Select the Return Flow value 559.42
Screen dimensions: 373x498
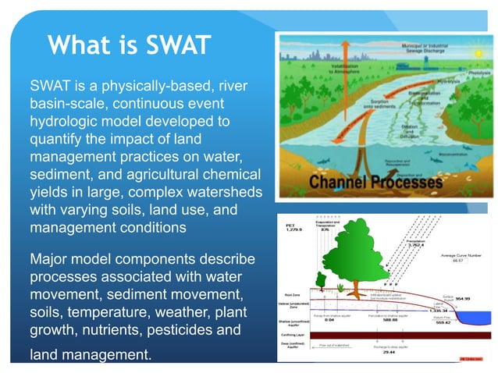pos(465,323)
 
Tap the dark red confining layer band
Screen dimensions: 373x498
pos(382,335)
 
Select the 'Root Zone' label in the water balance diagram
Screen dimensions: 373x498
pos(291,296)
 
